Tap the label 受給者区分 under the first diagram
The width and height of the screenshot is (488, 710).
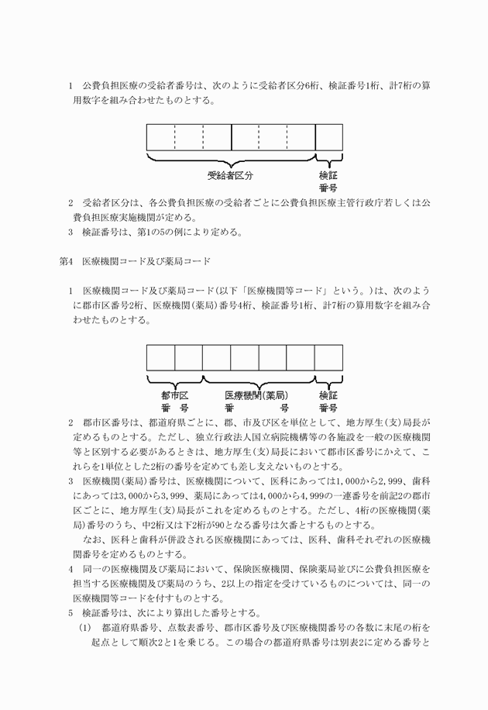[229, 175]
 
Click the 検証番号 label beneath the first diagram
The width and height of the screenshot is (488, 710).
[328, 181]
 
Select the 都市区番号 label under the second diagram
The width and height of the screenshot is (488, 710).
[175, 401]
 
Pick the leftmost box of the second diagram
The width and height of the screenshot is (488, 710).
[161, 358]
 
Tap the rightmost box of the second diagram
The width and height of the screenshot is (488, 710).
[328, 358]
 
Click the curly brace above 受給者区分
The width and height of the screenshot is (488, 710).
[230, 160]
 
